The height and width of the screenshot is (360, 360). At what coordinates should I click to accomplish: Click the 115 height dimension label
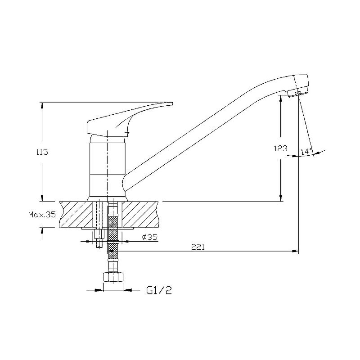[42, 152]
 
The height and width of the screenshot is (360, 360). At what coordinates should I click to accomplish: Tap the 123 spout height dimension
[280, 148]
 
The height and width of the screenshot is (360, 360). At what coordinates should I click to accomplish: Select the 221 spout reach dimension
[198, 247]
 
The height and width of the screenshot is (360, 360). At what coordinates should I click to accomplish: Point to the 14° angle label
[306, 151]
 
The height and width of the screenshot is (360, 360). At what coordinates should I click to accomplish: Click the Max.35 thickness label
[42, 215]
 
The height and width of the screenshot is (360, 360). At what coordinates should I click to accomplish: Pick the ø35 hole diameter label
[150, 237]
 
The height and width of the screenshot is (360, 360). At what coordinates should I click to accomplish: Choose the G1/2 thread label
[159, 291]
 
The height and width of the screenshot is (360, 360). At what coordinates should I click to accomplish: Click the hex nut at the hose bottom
[113, 277]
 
